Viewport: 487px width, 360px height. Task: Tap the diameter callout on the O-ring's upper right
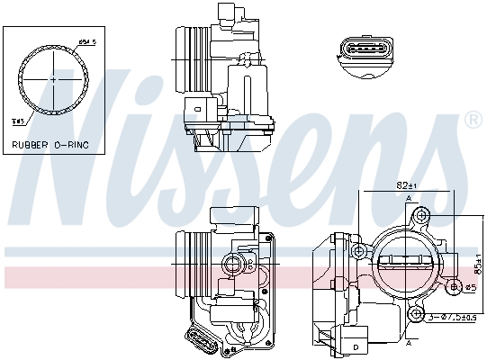86,40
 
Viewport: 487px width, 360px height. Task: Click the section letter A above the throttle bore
410,197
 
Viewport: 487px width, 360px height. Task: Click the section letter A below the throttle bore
410,342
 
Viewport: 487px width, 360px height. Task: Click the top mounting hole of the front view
421,217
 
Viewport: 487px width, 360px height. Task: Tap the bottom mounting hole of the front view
415,314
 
